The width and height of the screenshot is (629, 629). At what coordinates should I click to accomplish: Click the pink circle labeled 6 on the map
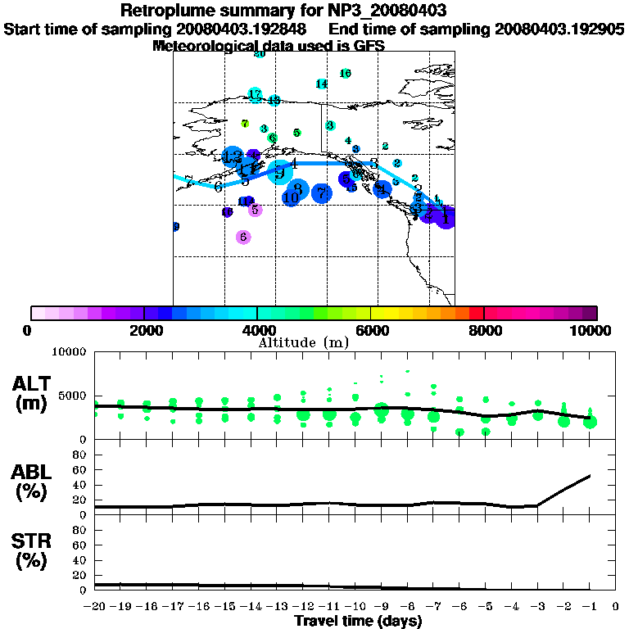tap(243, 237)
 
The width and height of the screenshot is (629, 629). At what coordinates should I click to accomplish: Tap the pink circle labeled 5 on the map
tap(255, 210)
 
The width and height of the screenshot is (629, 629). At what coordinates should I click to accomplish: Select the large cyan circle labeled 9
tap(279, 172)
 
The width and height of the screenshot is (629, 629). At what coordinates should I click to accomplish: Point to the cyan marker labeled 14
tap(321, 84)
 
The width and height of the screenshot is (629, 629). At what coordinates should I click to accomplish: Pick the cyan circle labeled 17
tap(255, 95)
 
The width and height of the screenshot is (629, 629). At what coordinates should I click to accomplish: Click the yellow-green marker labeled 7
tap(244, 124)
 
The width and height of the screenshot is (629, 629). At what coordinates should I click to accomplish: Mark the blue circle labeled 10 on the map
tap(291, 197)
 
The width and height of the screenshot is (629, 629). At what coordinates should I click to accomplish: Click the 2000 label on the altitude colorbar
tap(144, 331)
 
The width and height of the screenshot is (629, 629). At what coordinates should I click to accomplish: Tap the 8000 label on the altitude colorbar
tap(484, 331)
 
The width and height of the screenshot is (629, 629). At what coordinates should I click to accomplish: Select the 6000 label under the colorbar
tap(371, 331)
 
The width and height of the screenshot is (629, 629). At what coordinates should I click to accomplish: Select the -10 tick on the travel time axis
tap(355, 606)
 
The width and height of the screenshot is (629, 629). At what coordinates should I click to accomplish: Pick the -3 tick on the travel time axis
tap(537, 606)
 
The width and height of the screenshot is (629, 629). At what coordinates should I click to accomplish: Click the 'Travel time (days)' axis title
tap(358, 622)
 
